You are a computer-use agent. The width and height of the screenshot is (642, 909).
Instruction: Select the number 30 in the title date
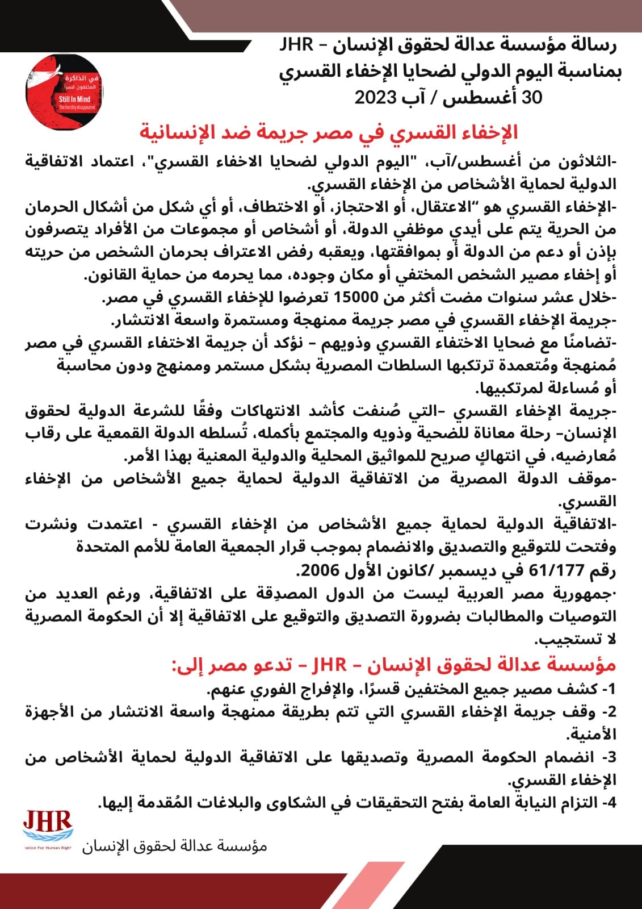coord(532,97)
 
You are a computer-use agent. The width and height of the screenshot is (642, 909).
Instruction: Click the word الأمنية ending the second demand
coord(593,735)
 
